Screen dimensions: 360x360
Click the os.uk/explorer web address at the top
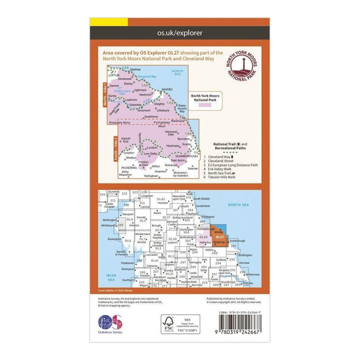point(180,30)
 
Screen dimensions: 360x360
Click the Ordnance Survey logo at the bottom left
point(110,323)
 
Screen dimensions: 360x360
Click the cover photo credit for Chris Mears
point(113,289)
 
